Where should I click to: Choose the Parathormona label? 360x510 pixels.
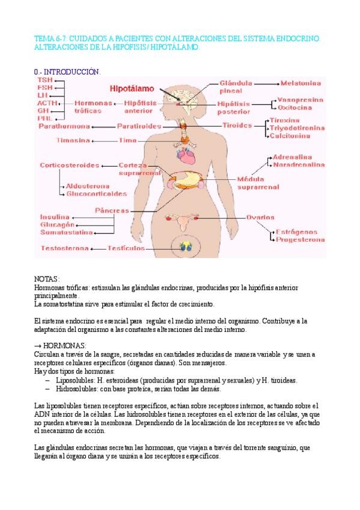coord(64,126)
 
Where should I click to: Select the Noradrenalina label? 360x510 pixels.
coord(299,164)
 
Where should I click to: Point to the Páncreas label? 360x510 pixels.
coord(112,210)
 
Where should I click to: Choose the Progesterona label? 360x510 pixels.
coord(301,239)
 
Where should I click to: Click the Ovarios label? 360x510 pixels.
coord(260,217)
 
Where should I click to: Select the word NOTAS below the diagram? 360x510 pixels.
coord(47,280)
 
